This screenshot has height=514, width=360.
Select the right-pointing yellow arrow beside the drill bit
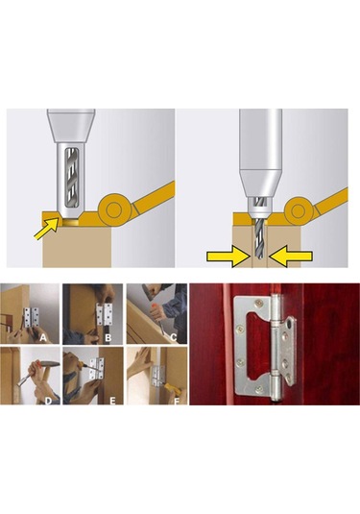pyautogui.click(x=228, y=256)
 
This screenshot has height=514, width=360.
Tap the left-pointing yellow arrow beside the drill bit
pyautogui.click(x=290, y=256)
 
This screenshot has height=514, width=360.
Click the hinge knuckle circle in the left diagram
pyautogui.click(x=113, y=209)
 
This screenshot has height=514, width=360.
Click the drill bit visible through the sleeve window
pyautogui.click(x=72, y=178)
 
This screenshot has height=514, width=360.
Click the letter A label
pyautogui.click(x=43, y=337)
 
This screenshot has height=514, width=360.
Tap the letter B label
pyautogui.click(x=108, y=337)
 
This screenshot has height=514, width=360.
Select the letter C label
pyautogui.click(x=174, y=337)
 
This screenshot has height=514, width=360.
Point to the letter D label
pyautogui.click(x=49, y=401)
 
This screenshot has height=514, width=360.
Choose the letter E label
pyautogui.click(x=112, y=401)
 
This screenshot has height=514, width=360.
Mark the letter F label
pyautogui.click(x=177, y=401)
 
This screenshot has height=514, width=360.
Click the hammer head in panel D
pyautogui.click(x=49, y=363)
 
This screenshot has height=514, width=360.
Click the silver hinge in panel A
pyautogui.click(x=31, y=319)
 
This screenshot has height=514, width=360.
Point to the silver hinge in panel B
pyautogui.click(x=105, y=315)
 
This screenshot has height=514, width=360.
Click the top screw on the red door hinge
pyautogui.click(x=259, y=304)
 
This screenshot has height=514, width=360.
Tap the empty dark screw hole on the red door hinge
pyautogui.click(x=289, y=325)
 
